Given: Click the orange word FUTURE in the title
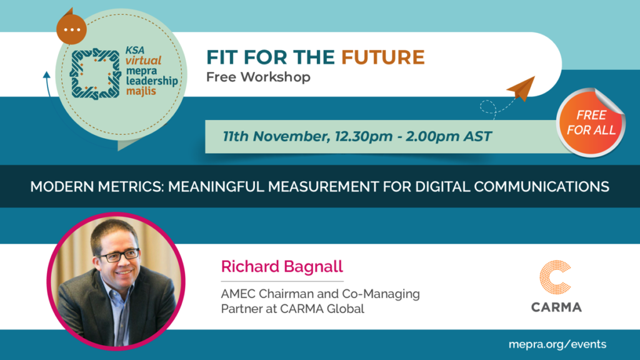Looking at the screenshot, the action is pos(383,57).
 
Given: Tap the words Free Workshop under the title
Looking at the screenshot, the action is pos(258,77).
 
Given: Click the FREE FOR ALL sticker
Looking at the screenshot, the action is pos(591,122).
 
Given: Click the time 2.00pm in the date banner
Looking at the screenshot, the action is pos(432,136).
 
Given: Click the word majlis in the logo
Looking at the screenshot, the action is pos(141,91).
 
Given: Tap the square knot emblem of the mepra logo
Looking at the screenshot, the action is pos(96,74).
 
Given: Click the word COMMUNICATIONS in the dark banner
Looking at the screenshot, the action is pos(542,186).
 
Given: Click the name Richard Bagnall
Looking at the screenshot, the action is pos(282,266).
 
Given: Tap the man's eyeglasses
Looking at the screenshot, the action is pos(118,256).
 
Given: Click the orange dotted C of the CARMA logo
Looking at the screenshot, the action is pos(555,277).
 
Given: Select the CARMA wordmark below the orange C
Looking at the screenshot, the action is pos(556,307).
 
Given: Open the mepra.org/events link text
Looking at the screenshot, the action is pos(557,344).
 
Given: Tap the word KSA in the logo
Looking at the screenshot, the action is pos(135,51).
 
